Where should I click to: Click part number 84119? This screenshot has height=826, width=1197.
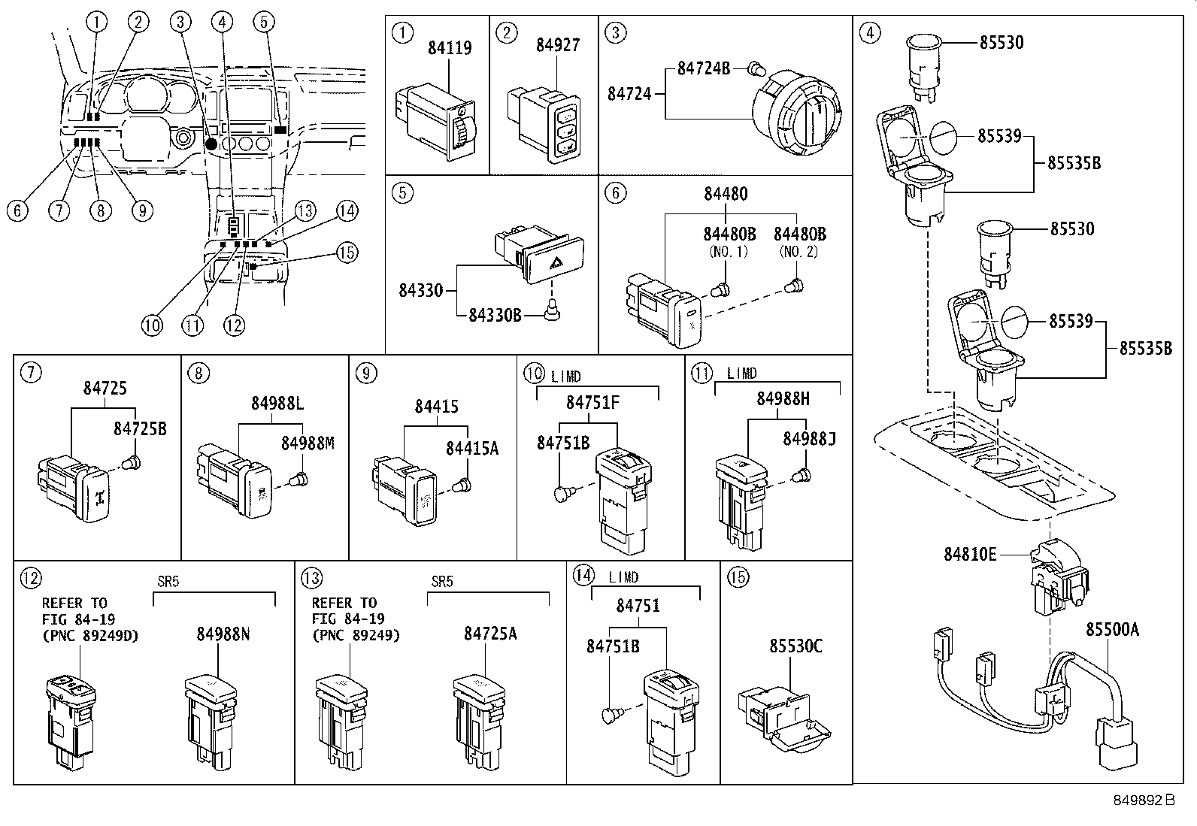click(450, 48)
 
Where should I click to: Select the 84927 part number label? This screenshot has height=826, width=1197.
click(557, 45)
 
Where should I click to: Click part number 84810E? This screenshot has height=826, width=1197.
click(970, 555)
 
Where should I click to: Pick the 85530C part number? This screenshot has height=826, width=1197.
click(795, 645)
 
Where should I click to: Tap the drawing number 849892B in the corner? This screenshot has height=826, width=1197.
click(1143, 800)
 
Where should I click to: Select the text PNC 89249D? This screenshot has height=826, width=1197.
click(90, 636)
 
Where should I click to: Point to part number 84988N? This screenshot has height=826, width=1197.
click(223, 634)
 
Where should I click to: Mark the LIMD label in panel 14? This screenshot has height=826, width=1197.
click(623, 577)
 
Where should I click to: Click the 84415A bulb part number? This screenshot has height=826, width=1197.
click(471, 448)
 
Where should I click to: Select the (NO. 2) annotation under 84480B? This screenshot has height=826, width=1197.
click(799, 252)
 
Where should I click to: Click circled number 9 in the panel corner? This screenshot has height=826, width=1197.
click(364, 372)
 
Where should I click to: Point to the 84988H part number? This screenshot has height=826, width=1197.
click(783, 400)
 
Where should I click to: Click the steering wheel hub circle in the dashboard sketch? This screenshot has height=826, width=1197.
click(182, 139)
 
